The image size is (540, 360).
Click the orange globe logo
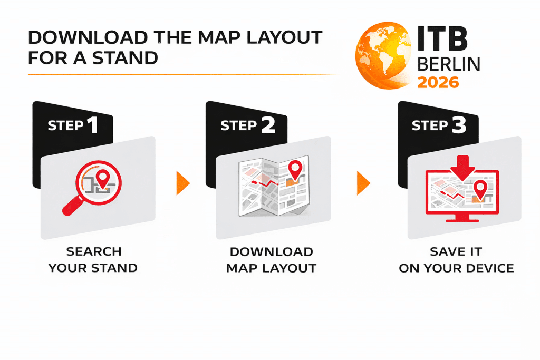pyautogui.click(x=383, y=56)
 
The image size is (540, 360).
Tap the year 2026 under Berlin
pyautogui.click(x=438, y=83)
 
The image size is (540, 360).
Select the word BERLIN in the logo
pyautogui.click(x=449, y=64)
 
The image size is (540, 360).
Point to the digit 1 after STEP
pyautogui.click(x=93, y=125)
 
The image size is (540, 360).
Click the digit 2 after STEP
pyautogui.click(x=268, y=125)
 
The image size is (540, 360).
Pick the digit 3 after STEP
pyautogui.click(x=459, y=125)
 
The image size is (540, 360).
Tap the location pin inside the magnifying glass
pyautogui.click(x=103, y=178)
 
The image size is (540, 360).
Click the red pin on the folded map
pyautogui.click(x=295, y=170)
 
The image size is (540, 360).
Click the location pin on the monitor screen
pyautogui.click(x=480, y=190)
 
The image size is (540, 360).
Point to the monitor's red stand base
pyautogui.click(x=462, y=219)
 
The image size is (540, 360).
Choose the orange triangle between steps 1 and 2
pyautogui.click(x=183, y=183)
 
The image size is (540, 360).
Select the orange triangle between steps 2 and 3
pyautogui.click(x=363, y=183)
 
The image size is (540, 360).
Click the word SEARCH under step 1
pyautogui.click(x=94, y=251)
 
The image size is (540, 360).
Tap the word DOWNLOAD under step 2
pyautogui.click(x=272, y=251)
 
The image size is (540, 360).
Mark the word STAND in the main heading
pyautogui.click(x=125, y=58)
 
